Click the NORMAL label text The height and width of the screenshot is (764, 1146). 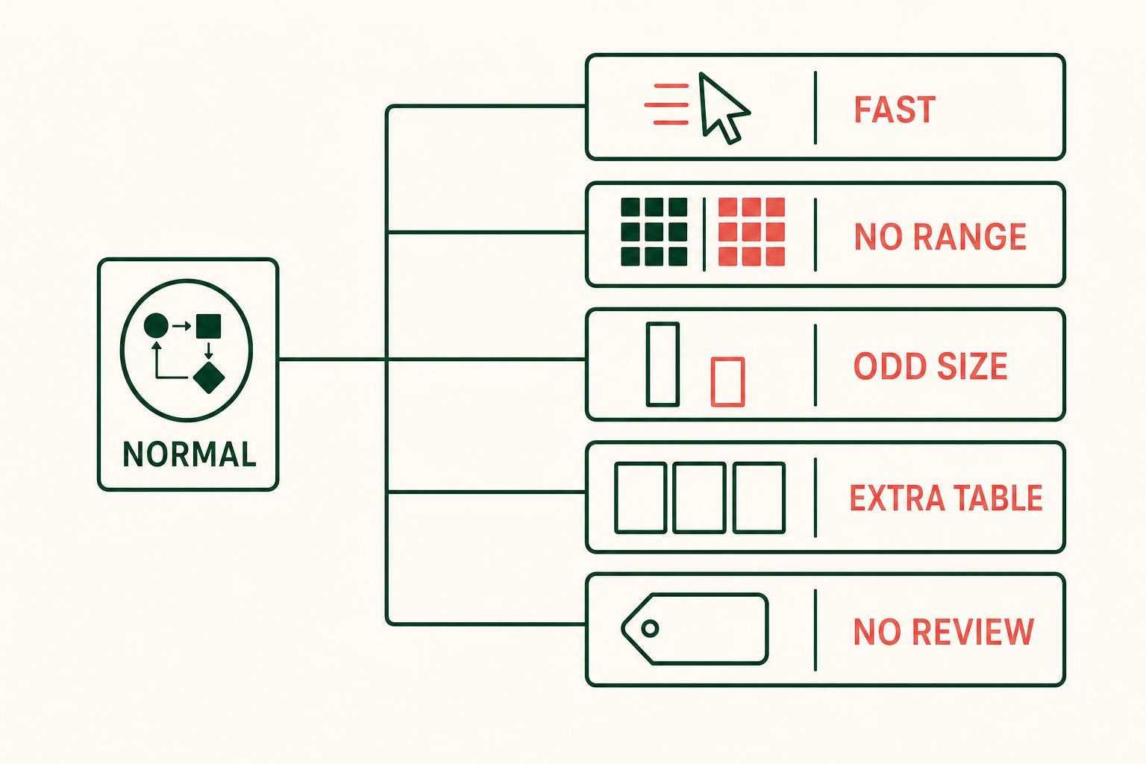click(190, 454)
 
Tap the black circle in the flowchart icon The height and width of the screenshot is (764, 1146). click(156, 325)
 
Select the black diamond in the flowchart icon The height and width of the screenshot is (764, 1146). click(209, 378)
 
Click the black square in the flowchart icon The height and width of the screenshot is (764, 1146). click(209, 326)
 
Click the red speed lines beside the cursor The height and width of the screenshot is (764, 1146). click(666, 104)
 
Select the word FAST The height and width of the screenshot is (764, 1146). click(895, 109)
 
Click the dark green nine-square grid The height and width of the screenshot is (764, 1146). click(654, 232)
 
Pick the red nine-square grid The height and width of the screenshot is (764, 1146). click(751, 232)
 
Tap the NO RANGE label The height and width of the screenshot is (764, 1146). click(940, 237)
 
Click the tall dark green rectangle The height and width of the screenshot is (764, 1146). click(663, 364)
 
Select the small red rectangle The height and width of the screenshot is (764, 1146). click(727, 382)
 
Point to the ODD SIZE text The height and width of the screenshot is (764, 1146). click(930, 366)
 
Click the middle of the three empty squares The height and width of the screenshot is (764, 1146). click(699, 498)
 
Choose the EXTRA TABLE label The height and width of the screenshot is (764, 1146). click(946, 498)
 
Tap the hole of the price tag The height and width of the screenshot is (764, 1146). click(651, 628)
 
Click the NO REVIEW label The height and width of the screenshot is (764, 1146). click(944, 631)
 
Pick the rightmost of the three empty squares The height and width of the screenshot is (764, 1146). click(760, 498)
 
